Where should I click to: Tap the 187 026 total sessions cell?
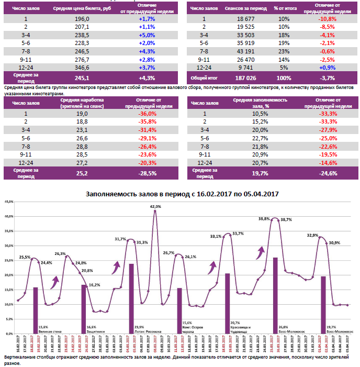[246, 77]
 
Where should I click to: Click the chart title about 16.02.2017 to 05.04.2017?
[182, 194]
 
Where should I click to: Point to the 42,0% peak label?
[155, 207]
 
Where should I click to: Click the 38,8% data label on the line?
[264, 219]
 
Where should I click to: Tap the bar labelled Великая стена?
[35, 310]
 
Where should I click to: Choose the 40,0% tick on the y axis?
[8, 216]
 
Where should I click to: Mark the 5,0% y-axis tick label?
[9, 319]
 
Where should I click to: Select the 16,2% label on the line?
[94, 285]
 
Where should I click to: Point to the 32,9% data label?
[313, 236]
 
